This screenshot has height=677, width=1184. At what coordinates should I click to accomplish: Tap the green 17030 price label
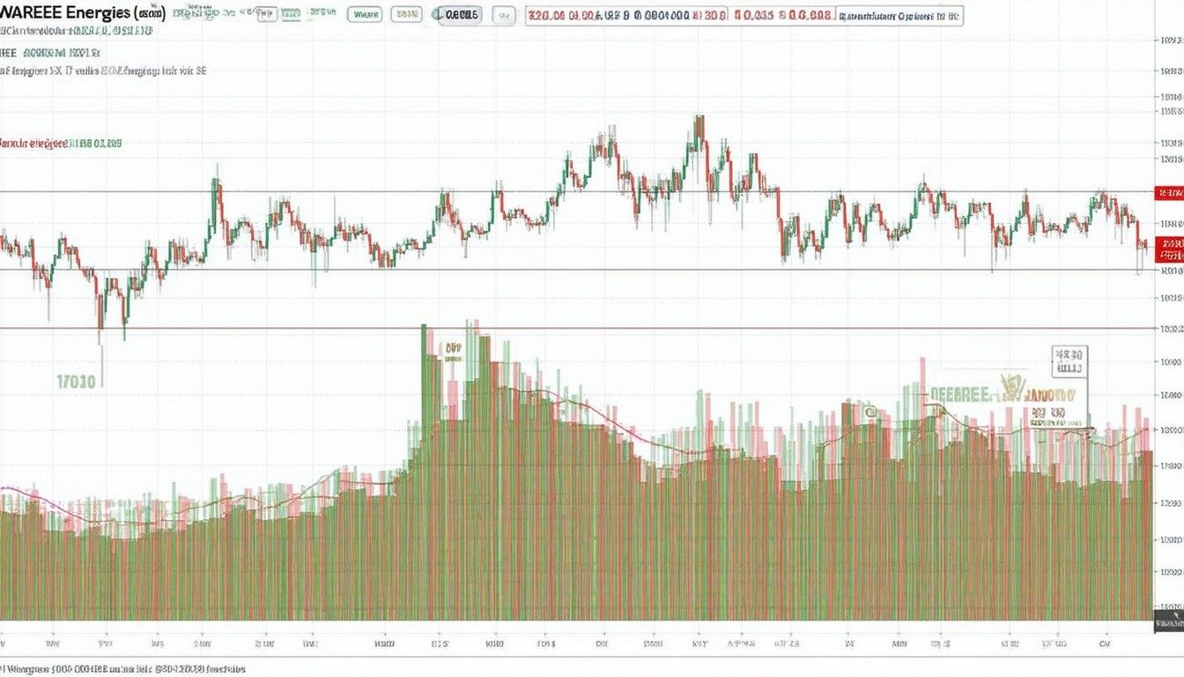point(76,382)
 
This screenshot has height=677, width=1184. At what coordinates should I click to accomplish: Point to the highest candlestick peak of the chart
point(699,117)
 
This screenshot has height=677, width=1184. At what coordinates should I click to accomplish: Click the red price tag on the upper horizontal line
point(1170,191)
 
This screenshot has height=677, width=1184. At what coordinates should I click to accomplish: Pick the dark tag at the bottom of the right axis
point(1169,624)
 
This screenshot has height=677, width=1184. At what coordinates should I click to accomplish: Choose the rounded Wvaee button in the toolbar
point(365,15)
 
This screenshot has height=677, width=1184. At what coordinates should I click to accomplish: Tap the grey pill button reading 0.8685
point(459,15)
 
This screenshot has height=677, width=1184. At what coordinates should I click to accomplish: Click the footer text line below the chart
point(123,669)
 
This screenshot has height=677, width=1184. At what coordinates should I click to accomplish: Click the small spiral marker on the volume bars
point(869,411)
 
